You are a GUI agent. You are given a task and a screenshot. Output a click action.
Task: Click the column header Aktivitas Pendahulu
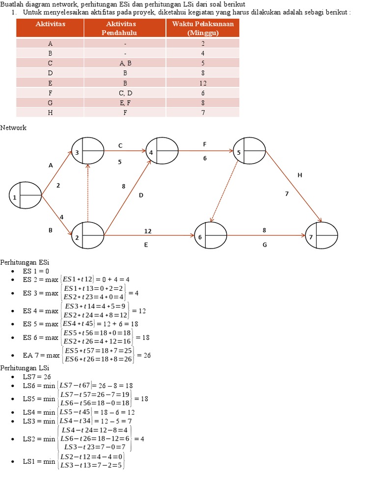(125, 28)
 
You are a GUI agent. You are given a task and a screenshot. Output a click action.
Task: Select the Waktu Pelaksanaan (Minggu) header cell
(203, 28)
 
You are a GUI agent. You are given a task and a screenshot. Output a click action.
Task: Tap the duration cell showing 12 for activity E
(203, 83)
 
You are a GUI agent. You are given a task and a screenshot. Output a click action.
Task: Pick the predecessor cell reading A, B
(125, 63)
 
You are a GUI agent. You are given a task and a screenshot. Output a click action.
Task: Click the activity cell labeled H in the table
(50, 112)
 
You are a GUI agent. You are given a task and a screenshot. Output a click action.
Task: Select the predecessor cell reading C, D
(125, 93)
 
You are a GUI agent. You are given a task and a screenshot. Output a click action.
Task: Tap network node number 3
(87, 151)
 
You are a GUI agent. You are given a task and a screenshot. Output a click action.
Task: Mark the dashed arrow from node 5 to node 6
(224, 192)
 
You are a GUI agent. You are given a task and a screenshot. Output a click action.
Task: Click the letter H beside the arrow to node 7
(299, 175)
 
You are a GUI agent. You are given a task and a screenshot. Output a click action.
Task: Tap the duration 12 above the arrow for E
(148, 230)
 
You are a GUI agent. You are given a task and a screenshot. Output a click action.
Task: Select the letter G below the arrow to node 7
(265, 244)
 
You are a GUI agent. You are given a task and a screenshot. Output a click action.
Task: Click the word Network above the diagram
(13, 128)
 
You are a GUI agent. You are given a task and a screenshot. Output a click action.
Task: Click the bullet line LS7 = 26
(37, 377)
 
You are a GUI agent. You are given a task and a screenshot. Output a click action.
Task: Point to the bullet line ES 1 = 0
(36, 271)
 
